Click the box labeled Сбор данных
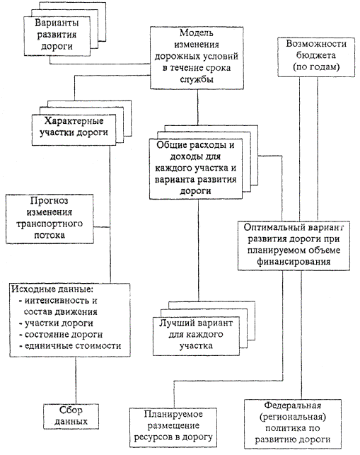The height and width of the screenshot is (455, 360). pyautogui.click(x=71, y=416)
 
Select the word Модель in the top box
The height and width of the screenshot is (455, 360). pyautogui.click(x=197, y=33)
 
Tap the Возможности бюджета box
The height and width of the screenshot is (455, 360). pyautogui.click(x=316, y=57)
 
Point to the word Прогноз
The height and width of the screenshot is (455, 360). pyautogui.click(x=50, y=201)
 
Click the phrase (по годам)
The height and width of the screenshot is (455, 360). pyautogui.click(x=316, y=67)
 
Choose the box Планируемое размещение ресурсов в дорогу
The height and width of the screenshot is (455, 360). pyautogui.click(x=173, y=427)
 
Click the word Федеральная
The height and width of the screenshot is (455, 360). pyautogui.click(x=293, y=405)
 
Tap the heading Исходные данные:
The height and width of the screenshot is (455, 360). pyautogui.click(x=52, y=289)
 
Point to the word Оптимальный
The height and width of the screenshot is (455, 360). pyautogui.click(x=271, y=227)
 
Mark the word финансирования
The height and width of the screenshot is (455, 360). pyautogui.click(x=294, y=262)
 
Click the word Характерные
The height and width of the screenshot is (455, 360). pyautogui.click(x=74, y=121)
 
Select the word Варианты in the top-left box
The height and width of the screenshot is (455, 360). pyautogui.click(x=57, y=23)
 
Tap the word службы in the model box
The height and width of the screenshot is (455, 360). pyautogui.click(x=197, y=79)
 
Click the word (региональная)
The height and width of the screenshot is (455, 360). pyautogui.click(x=293, y=417)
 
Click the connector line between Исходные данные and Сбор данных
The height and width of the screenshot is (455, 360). pyautogui.click(x=76, y=381)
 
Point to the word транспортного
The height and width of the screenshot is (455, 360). pyautogui.click(x=50, y=224)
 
